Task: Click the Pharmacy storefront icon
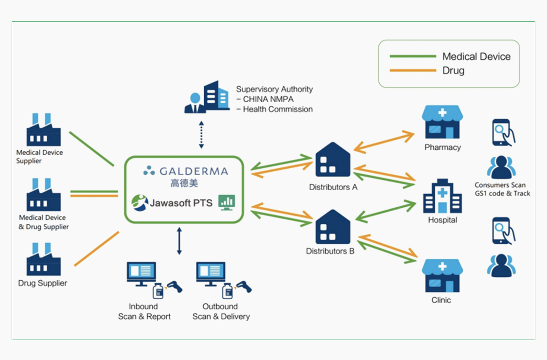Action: [x=442, y=123]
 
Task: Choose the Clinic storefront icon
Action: [x=441, y=275]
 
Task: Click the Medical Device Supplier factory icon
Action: [x=44, y=130]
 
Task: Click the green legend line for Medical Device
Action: [x=413, y=56]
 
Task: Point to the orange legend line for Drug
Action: [x=413, y=71]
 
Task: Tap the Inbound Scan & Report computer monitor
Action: [x=141, y=274]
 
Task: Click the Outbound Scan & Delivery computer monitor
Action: [x=211, y=274]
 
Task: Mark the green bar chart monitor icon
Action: [x=227, y=202]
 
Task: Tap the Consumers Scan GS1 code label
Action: [x=502, y=189]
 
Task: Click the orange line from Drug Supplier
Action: [x=96, y=249]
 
